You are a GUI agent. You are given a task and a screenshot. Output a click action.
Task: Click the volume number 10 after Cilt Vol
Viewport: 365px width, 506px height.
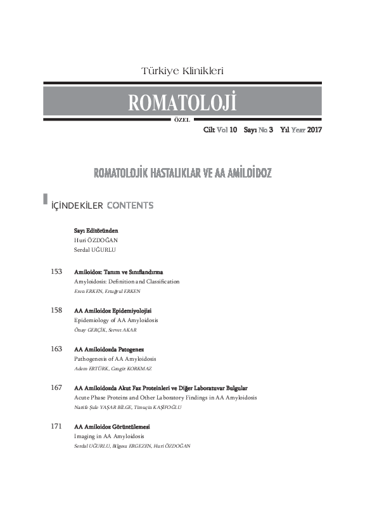click(233, 129)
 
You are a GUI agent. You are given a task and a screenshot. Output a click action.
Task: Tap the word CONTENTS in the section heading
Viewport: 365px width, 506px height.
click(130, 205)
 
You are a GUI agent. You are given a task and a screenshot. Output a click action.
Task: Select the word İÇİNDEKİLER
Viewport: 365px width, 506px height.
click(77, 205)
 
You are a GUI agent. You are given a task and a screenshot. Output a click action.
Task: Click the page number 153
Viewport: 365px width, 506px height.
click(56, 271)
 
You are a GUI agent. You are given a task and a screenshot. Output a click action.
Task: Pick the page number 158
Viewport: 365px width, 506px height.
click(56, 311)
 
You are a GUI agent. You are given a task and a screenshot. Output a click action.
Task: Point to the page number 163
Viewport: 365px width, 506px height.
click(56, 349)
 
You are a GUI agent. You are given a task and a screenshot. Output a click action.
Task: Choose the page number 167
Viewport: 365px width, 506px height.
click(56, 387)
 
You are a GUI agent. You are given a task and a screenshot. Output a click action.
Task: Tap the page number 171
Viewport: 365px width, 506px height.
click(56, 427)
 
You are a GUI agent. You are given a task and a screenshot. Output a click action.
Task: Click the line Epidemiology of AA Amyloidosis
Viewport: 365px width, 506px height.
click(115, 320)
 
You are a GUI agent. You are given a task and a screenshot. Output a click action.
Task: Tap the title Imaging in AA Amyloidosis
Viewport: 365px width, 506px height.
click(110, 436)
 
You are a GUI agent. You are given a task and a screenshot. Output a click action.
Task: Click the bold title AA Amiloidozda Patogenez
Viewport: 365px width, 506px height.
click(109, 349)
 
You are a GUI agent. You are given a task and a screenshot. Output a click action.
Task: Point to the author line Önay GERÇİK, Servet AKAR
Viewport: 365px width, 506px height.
click(105, 330)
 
